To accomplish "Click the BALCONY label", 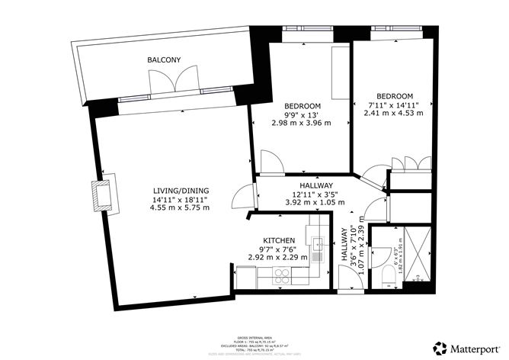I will coord(164,59).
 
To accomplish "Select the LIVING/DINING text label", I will coord(181,191).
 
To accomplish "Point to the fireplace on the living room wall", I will coord(101,195).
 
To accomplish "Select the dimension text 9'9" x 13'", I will coord(303,114).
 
